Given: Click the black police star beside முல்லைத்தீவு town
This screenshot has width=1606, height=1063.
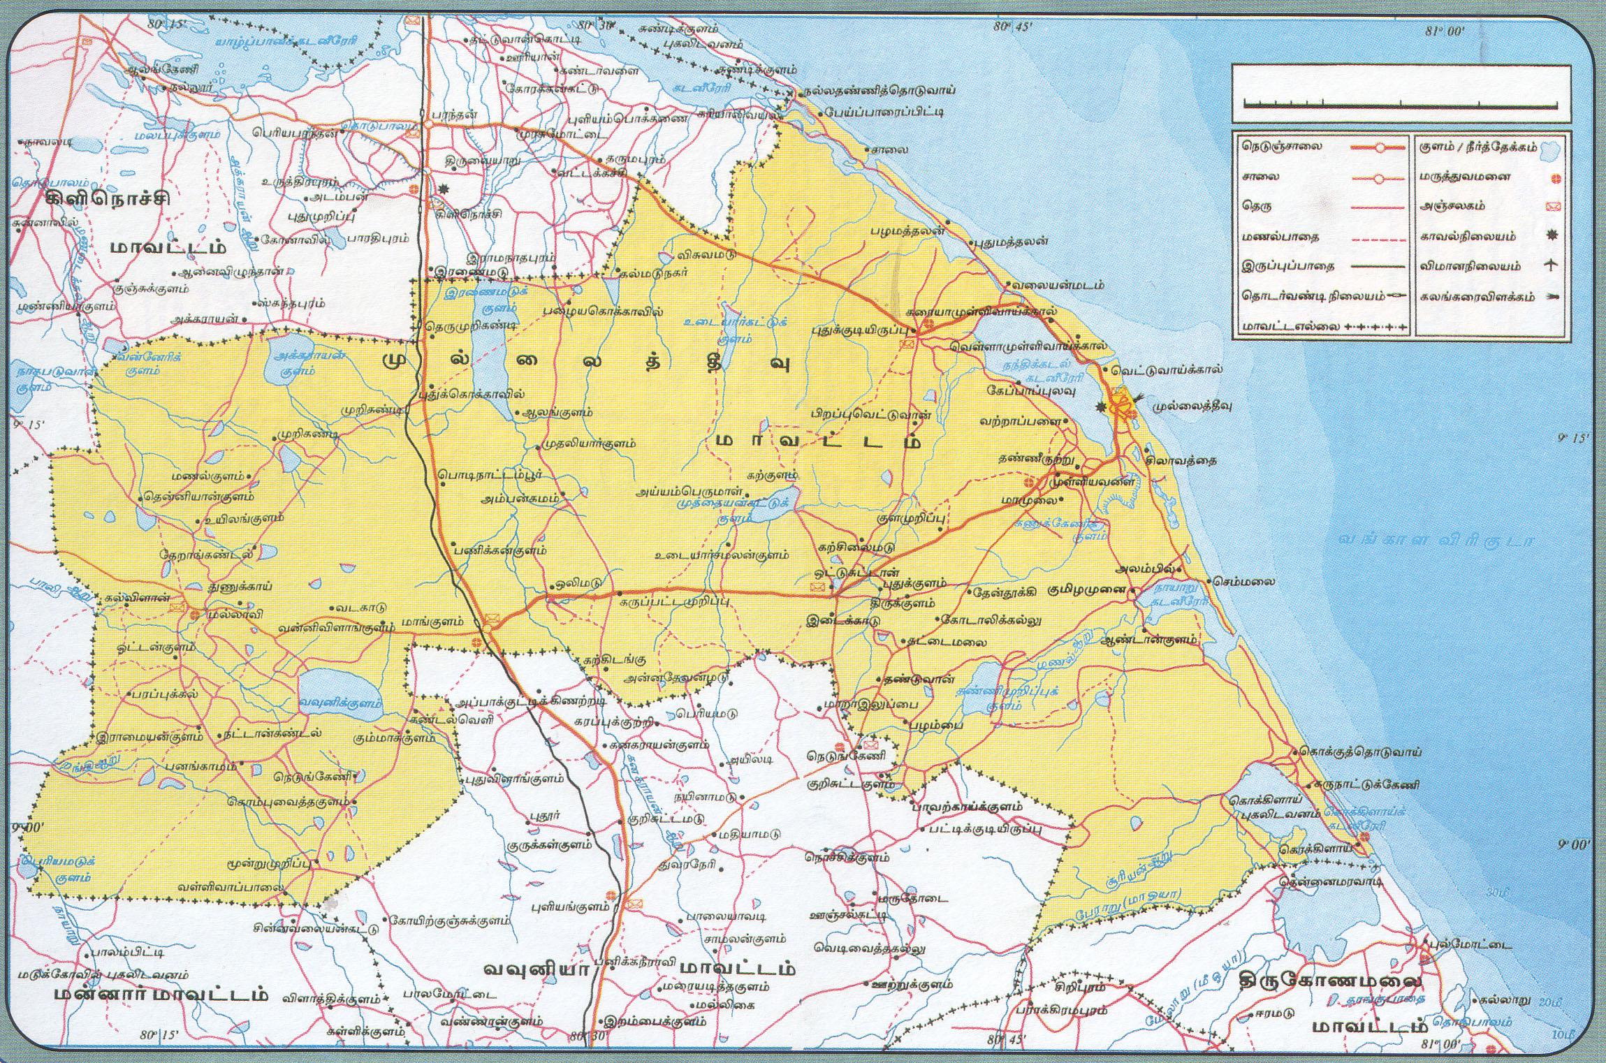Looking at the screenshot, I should (1102, 406).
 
